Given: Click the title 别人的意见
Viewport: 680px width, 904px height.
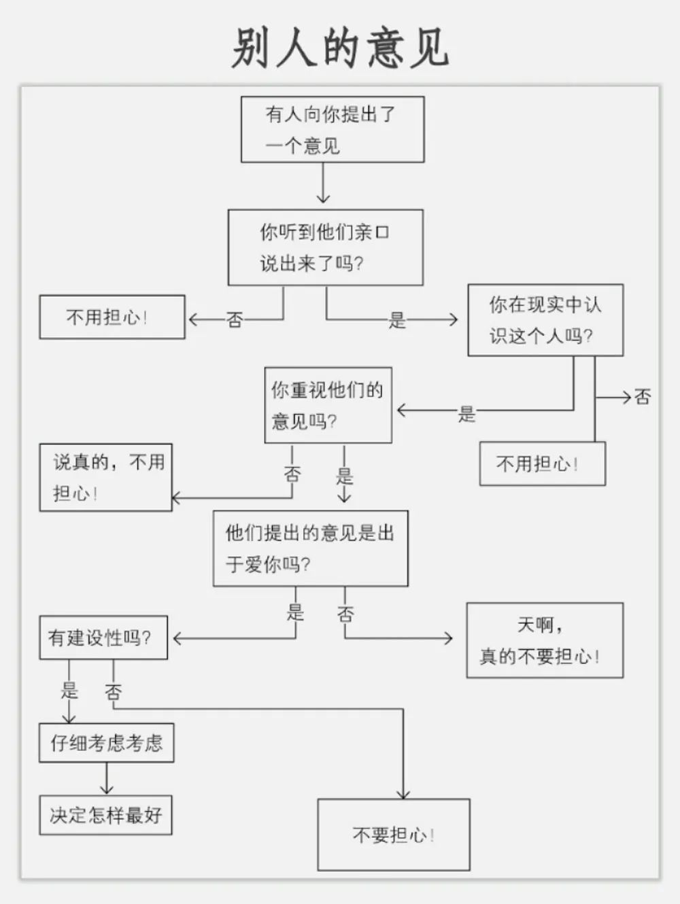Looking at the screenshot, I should tap(340, 48).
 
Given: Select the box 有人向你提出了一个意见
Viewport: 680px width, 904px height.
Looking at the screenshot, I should tap(333, 129).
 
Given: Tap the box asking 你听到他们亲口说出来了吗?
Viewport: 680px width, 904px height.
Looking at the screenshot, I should tap(325, 247).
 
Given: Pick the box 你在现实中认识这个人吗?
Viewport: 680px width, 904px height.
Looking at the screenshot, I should tap(545, 320).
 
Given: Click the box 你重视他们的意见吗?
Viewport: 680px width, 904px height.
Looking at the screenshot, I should tap(328, 405).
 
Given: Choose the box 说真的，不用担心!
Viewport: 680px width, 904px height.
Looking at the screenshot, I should tap(106, 477).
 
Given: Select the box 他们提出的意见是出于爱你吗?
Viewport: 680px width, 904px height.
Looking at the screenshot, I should tap(310, 549).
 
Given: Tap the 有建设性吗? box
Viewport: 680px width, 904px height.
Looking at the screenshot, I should tap(103, 638).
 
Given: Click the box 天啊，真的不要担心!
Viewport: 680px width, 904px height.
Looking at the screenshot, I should tap(544, 640).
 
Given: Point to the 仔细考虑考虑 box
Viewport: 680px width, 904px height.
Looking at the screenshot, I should tap(106, 743).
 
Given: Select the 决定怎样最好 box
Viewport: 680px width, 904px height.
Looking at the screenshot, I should tap(105, 815).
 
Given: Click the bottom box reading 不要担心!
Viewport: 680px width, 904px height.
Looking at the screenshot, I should tap(394, 835).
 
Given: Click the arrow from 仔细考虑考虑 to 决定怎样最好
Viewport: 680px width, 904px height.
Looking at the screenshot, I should tap(106, 779).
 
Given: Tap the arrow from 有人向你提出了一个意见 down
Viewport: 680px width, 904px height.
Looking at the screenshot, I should tap(323, 184).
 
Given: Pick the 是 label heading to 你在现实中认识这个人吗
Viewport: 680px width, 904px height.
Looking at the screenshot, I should tap(397, 319).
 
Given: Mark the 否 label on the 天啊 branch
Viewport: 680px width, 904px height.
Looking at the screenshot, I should tap(345, 614).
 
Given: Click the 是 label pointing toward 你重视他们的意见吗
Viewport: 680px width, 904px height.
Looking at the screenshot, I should tap(466, 413).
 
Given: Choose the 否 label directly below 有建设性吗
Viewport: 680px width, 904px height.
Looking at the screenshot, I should tap(113, 693).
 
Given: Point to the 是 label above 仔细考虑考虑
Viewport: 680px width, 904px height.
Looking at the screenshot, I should tap(69, 691).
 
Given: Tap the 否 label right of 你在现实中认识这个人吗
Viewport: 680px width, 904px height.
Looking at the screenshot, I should tap(643, 397).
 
